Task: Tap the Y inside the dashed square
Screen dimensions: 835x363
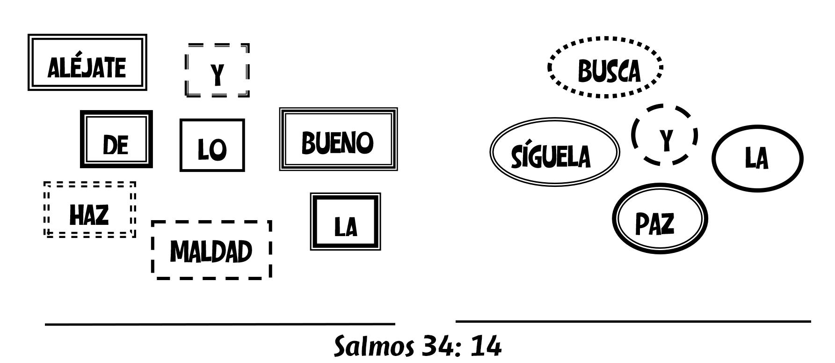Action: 217,74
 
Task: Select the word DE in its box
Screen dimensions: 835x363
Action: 116,145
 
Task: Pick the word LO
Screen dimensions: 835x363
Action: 212,149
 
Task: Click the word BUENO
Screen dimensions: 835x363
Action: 338,142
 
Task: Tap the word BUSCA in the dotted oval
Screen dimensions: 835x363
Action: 609,71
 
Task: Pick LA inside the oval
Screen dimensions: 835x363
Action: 756,159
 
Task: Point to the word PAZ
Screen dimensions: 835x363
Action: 655,223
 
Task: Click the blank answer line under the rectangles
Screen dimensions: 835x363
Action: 220,324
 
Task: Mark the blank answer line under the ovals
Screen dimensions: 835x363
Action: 633,321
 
